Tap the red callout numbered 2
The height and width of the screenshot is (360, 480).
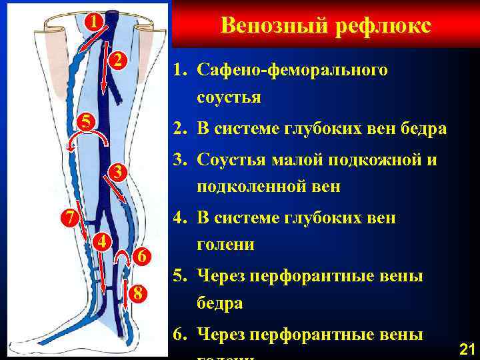(117, 61)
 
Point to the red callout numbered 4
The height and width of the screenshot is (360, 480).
(101, 241)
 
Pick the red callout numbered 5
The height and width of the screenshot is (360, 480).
(83, 121)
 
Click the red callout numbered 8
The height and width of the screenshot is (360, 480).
(136, 291)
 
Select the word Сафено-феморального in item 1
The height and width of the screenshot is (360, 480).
(292, 70)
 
